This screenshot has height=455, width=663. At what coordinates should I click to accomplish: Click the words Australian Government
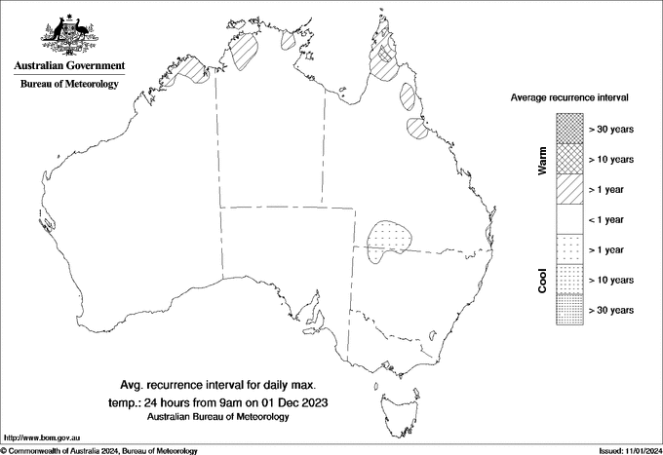[69, 66]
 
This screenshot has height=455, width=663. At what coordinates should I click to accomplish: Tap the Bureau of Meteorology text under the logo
[69, 84]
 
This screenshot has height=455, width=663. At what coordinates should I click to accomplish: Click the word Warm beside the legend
[542, 159]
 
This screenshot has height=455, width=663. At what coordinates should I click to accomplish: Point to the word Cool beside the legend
[542, 280]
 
